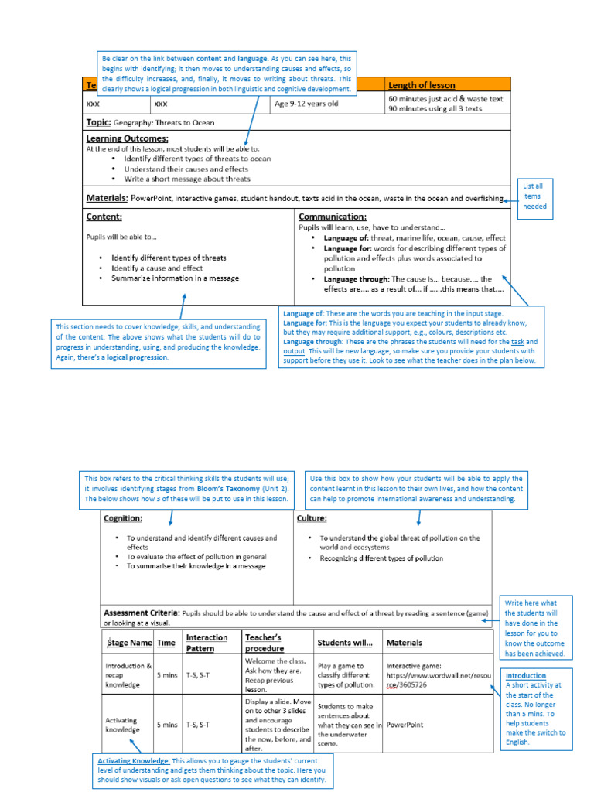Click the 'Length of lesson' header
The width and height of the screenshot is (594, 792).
[x=422, y=85]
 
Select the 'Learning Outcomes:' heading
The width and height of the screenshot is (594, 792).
[x=127, y=138]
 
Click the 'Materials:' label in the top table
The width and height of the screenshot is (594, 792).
[x=107, y=198]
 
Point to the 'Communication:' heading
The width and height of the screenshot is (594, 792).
[x=333, y=217]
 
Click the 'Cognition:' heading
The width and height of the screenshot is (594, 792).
[x=123, y=518]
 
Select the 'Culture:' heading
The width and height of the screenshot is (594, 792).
[x=312, y=518]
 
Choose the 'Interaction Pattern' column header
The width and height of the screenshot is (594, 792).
[x=207, y=643]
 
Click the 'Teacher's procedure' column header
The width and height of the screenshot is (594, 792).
[x=265, y=643]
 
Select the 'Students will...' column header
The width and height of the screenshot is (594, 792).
[x=344, y=643]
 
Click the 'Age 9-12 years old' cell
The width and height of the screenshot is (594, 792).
[x=307, y=103]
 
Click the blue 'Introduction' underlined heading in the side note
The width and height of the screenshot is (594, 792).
[x=526, y=675]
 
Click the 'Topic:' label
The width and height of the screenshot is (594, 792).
[x=98, y=122]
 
